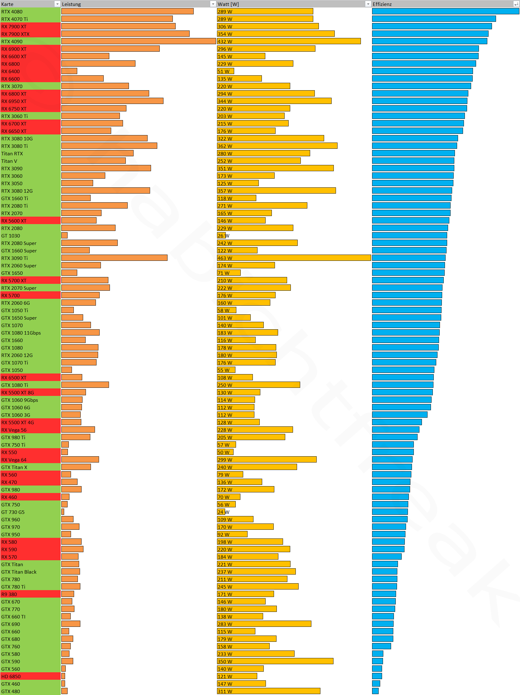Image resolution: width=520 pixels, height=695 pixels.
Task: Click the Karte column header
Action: pos(7,4)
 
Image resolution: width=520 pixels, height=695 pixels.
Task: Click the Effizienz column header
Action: pos(382,4)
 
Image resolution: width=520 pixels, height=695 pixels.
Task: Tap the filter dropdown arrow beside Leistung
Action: pos(213,4)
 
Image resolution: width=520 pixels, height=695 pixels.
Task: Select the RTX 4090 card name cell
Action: pos(12,41)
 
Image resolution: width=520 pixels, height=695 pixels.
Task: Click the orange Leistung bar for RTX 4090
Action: pos(138,41)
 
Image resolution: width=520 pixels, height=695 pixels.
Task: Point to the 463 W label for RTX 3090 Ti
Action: pos(225,258)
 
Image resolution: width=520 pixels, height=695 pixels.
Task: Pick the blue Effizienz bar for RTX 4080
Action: pos(445,11)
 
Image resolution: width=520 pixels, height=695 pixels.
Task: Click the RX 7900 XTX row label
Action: pos(15,34)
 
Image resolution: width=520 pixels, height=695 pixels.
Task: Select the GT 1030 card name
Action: pos(11,236)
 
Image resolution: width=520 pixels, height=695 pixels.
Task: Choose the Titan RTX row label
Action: pos(12,154)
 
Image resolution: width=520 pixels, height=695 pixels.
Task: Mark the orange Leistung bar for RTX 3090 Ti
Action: pos(114,258)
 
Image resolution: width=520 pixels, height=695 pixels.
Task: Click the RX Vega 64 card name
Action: pos(14,460)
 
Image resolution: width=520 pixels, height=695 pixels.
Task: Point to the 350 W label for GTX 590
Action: pos(225,661)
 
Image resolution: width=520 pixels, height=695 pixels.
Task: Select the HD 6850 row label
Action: pos(11,676)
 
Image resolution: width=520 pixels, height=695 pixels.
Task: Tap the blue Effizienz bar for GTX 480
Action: pos(375,691)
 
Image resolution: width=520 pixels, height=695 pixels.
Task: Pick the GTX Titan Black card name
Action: pos(19,572)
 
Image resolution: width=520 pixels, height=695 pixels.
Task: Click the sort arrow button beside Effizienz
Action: pos(516,4)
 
